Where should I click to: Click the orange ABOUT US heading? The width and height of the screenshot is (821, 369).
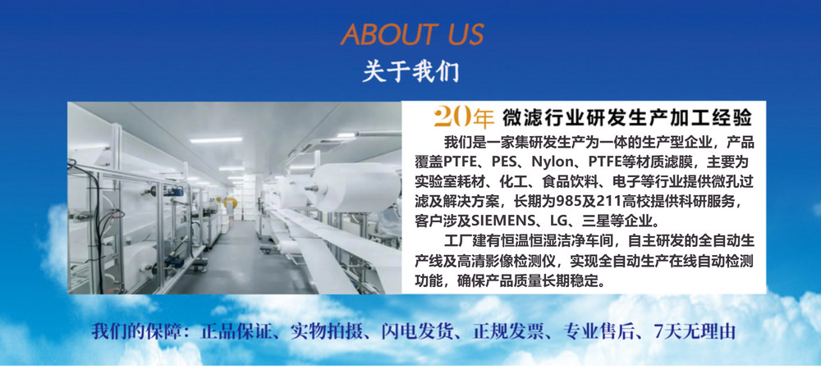412,34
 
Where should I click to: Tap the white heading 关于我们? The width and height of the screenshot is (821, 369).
410,71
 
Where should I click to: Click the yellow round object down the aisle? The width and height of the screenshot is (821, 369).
229,203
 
